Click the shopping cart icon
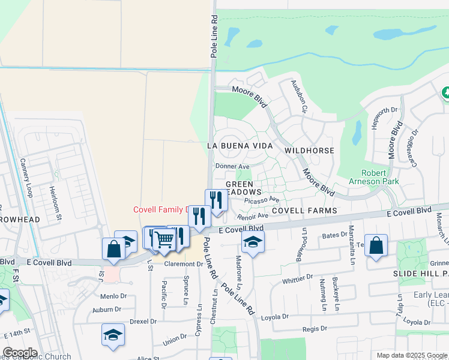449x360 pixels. (163, 239)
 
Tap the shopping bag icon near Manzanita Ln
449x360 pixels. (376, 245)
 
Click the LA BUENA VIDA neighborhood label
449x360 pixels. (240, 146)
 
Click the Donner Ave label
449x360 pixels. (232, 166)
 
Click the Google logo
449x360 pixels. (20, 353)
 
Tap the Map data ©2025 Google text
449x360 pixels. (411, 355)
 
